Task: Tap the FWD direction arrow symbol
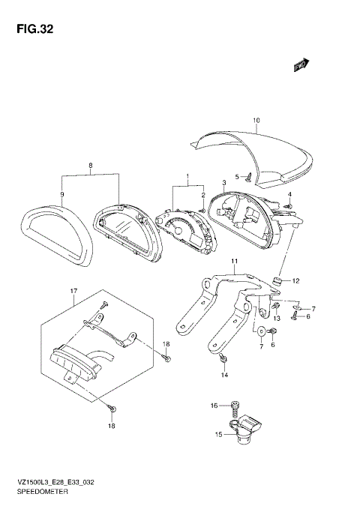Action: [302, 67]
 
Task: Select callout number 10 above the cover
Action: [255, 120]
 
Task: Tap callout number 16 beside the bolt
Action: [214, 405]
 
